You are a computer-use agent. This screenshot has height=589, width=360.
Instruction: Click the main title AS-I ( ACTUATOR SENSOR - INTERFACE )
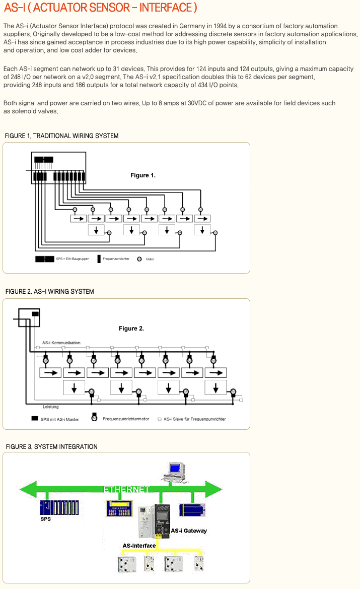tap(100, 8)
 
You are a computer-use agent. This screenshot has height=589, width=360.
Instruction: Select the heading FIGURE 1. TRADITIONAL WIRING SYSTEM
tap(61, 136)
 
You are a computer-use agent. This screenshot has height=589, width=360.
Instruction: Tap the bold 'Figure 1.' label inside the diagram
tap(143, 175)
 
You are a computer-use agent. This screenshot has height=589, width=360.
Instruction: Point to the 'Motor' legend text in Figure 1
tap(150, 259)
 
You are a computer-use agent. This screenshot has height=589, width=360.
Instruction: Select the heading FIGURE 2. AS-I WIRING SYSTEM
tap(49, 292)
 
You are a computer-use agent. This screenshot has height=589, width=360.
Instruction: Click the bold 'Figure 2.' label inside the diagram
tap(131, 329)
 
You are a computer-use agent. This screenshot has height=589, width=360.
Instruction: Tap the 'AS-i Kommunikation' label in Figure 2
tap(61, 343)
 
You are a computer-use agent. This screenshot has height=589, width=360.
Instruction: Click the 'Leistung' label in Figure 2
tap(50, 407)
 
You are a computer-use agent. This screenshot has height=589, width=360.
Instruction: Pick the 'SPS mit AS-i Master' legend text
tap(59, 419)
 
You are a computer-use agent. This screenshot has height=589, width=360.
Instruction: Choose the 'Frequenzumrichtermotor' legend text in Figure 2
tap(126, 419)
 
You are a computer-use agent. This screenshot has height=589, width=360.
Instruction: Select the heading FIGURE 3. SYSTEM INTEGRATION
tap(51, 447)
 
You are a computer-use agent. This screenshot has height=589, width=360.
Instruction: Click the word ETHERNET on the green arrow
tap(126, 489)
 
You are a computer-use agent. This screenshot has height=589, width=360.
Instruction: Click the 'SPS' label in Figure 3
tap(45, 518)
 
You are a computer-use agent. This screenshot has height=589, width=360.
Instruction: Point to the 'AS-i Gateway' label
tap(189, 531)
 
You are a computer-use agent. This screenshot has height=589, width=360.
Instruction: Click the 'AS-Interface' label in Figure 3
tap(139, 546)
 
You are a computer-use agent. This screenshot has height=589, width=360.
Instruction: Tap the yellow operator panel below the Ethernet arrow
tap(119, 508)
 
